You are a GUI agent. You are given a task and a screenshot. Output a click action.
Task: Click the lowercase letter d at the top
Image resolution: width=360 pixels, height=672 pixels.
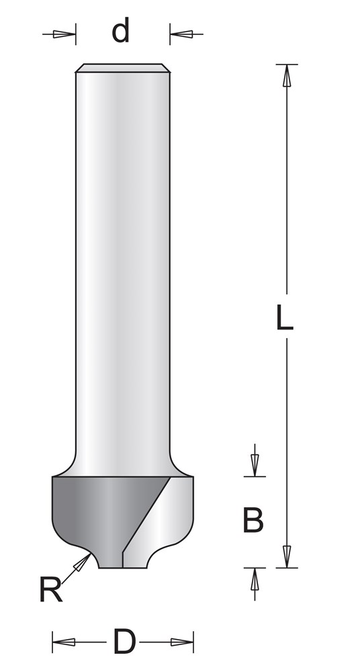point(120,32)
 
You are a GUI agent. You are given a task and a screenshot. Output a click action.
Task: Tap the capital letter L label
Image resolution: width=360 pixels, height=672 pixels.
point(285,317)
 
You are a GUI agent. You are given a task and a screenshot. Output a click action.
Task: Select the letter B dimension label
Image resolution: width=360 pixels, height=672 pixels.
point(253,520)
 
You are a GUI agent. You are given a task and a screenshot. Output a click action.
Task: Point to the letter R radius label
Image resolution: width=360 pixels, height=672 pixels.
point(50,589)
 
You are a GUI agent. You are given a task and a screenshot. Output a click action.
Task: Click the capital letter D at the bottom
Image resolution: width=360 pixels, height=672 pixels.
point(124,642)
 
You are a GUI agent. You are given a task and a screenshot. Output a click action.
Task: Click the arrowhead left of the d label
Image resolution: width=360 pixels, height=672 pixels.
point(64,34)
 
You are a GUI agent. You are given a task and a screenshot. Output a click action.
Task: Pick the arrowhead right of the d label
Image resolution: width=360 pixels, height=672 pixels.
point(181,34)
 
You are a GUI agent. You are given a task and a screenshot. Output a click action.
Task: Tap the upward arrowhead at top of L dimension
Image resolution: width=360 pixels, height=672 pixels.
point(287,76)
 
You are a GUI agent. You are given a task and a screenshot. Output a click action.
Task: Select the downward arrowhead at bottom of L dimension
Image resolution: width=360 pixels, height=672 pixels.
point(287,556)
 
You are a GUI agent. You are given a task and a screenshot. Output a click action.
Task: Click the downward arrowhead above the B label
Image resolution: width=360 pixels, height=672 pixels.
point(255,465)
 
